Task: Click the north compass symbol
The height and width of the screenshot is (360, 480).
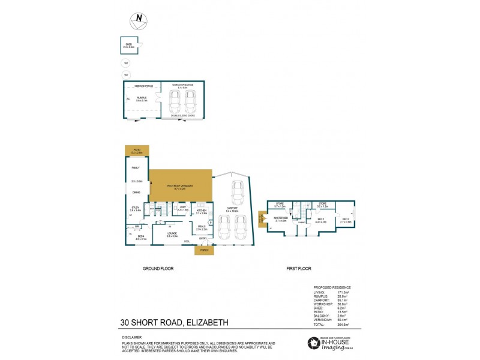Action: click(139, 19)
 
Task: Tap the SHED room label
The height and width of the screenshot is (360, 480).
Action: click(127, 44)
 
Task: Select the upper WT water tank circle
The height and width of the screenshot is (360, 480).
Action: click(126, 63)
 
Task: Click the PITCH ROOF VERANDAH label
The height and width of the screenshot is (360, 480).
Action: click(181, 185)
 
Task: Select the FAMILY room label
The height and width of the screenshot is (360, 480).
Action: click(136, 167)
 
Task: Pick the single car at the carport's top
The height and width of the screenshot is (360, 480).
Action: click(237, 194)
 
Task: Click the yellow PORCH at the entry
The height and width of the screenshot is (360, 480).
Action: click(204, 250)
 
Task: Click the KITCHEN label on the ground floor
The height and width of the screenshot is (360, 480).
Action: click(202, 210)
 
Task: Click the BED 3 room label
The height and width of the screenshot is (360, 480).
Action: click(345, 220)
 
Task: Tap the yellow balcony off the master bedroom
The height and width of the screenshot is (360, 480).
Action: click(262, 219)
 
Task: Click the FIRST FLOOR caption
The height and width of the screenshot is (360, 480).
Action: click(298, 269)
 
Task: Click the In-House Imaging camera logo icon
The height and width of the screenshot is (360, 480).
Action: click(313, 343)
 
